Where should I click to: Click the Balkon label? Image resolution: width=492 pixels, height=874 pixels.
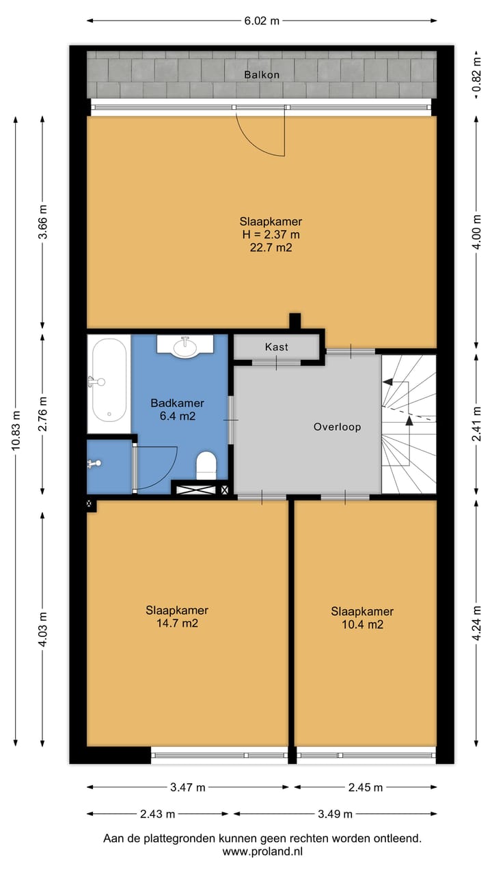point(262,74)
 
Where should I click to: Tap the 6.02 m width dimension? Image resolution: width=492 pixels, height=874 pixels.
point(262,20)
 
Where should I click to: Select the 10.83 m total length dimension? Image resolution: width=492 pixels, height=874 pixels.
point(16,431)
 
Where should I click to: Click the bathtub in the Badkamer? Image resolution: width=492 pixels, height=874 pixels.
point(109,380)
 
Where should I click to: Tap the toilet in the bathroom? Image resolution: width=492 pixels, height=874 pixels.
point(206,466)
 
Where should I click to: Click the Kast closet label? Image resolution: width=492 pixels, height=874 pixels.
point(277,347)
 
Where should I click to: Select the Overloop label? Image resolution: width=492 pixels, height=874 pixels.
point(337,427)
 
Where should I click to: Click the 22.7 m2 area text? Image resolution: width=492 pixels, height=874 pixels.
point(271,247)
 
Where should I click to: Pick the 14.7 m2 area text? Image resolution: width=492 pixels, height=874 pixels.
point(177,623)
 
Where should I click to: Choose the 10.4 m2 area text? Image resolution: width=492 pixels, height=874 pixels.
point(362,624)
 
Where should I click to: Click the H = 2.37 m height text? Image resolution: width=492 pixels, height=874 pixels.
point(271,234)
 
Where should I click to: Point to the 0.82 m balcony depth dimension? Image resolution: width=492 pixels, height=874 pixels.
point(476,74)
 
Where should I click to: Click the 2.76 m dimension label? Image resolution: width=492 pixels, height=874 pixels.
point(42,414)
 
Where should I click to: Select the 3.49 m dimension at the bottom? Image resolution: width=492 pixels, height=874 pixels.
point(335,814)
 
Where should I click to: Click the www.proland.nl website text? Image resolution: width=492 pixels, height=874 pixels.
point(262,851)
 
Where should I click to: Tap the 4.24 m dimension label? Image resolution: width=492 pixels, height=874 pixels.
point(476,623)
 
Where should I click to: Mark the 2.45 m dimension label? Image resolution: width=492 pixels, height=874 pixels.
point(365,787)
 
